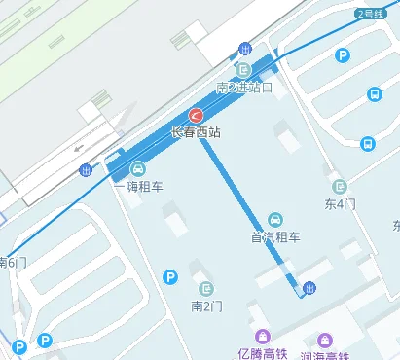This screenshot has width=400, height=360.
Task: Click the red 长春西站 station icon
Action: pyautogui.click(x=196, y=115)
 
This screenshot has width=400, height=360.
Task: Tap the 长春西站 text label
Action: pyautogui.click(x=196, y=131)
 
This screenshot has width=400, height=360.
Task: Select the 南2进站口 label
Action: pyautogui.click(x=244, y=88)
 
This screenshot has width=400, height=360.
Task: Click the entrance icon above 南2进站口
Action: pyautogui.click(x=244, y=69)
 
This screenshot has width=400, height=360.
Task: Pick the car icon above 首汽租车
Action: pyautogui.click(x=276, y=219)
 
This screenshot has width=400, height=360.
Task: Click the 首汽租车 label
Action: pyautogui.click(x=276, y=236)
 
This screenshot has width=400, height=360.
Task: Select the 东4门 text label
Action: pyautogui.click(x=340, y=204)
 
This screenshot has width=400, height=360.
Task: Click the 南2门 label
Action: pyautogui.click(x=207, y=306)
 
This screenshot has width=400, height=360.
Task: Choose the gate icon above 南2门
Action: pyautogui.click(x=207, y=288)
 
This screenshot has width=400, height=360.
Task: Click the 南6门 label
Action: pyautogui.click(x=13, y=262)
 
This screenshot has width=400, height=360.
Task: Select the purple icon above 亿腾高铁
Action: pyautogui.click(x=257, y=336)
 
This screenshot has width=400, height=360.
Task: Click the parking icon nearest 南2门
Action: pyautogui.click(x=170, y=278)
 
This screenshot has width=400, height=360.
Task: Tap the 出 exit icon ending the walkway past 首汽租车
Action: pyautogui.click(x=309, y=286)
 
